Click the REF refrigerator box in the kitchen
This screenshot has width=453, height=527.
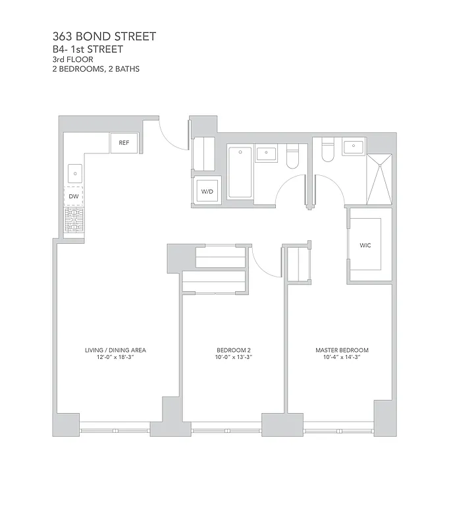(124, 142)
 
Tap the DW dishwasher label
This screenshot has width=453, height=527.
(74, 196)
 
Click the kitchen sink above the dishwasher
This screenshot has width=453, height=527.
(74, 173)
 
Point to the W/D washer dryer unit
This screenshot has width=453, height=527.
(207, 191)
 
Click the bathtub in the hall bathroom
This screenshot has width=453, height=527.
(240, 173)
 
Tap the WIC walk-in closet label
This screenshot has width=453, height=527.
(365, 244)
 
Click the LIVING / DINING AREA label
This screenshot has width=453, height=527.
(115, 350)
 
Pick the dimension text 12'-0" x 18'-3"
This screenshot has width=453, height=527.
(115, 357)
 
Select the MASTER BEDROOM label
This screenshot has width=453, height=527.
(342, 350)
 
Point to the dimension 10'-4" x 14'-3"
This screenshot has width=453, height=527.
(342, 357)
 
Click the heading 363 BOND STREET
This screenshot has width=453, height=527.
(104, 36)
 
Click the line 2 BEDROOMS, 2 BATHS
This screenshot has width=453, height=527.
(95, 69)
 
